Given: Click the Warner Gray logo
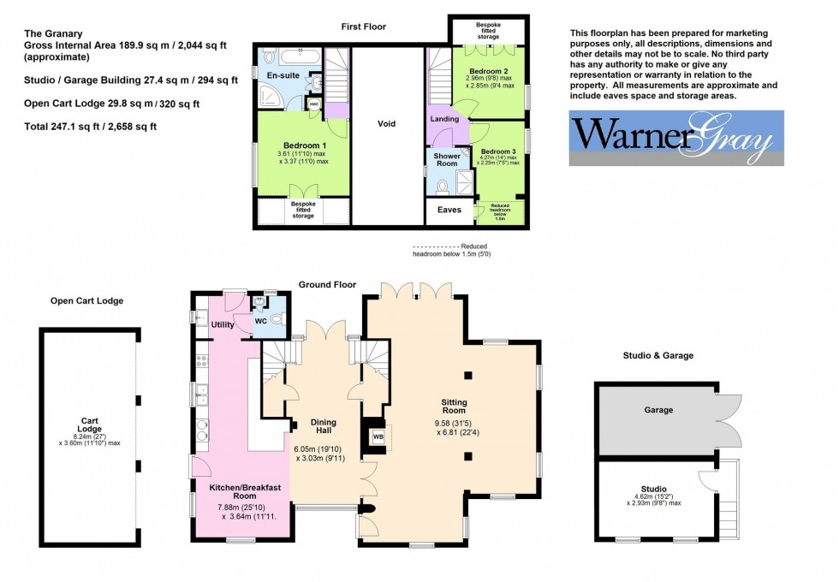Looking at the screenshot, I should (676, 137).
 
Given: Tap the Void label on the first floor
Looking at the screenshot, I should (386, 124).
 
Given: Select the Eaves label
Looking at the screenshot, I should (449, 210).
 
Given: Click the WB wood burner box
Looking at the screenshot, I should (378, 437).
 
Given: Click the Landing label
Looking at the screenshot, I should (445, 119).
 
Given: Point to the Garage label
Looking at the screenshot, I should (659, 410).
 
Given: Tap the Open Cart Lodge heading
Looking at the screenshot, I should (86, 301).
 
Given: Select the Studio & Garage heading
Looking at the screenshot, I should (658, 355).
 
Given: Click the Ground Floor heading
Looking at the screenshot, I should (327, 284).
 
